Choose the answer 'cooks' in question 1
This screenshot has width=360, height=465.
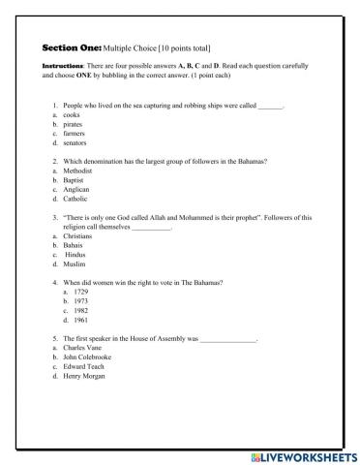point(71,114)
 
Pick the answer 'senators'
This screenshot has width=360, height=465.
point(75,142)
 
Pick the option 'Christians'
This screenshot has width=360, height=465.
point(77,236)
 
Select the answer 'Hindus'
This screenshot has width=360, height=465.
point(75,255)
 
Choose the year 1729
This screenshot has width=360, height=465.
point(80,292)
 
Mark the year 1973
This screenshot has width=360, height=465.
point(80,301)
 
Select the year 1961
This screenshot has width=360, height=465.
point(80,320)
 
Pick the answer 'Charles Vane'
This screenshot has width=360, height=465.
point(81,349)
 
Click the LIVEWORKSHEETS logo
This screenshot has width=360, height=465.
point(302,455)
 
